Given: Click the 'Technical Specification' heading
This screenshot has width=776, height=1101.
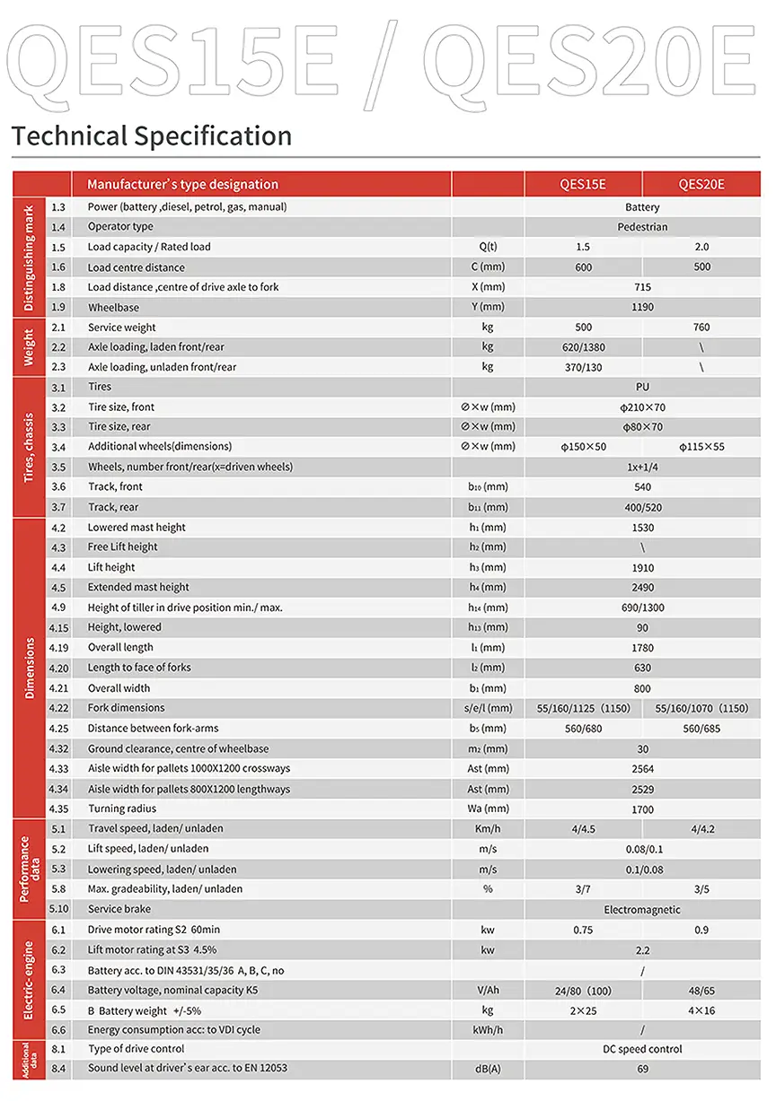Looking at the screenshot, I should (x=152, y=136).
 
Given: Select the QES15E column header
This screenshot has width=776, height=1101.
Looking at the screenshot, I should (x=583, y=185).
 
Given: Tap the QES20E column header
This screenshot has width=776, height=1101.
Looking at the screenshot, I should (x=701, y=185).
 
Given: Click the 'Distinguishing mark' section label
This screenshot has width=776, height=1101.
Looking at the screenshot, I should (x=29, y=258).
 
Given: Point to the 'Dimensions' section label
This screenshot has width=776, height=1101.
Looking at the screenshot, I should (x=29, y=668).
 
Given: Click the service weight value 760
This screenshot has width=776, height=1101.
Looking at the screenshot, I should (x=701, y=328).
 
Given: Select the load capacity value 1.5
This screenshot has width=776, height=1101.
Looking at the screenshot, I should (x=583, y=247).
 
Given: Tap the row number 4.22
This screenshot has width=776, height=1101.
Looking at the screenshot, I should (x=59, y=709).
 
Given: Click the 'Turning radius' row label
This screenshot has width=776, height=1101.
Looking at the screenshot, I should (x=122, y=809).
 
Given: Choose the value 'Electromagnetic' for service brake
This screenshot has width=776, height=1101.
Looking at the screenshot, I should (x=642, y=910).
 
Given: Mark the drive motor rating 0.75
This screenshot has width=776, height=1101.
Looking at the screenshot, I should (x=583, y=931).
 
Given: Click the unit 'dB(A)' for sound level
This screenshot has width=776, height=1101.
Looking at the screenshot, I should (x=488, y=1070).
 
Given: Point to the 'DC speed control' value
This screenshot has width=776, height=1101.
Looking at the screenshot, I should (x=642, y=1049).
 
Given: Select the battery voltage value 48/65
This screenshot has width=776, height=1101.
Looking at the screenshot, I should (x=701, y=991).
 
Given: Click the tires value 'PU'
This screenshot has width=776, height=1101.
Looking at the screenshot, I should (x=642, y=388).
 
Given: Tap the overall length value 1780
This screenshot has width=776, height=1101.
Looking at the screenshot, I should (x=642, y=648).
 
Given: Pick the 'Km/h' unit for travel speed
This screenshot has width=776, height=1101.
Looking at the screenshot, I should (x=488, y=829).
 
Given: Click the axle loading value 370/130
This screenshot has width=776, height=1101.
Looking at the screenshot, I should (x=583, y=367).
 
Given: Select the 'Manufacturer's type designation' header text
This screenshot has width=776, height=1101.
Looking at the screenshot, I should (x=182, y=185).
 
